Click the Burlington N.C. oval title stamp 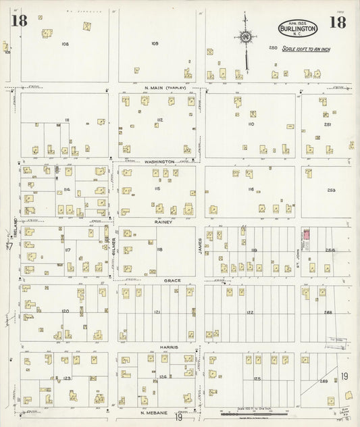coord(297,29)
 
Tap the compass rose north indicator coord(245,36)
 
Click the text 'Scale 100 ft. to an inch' coord(307,48)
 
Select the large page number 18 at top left coord(18,20)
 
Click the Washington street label coord(159,162)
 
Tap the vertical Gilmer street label coord(113,247)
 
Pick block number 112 coord(159,120)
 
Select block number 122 coord(250,313)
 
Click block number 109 coord(155,44)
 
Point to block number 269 coord(324,382)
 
